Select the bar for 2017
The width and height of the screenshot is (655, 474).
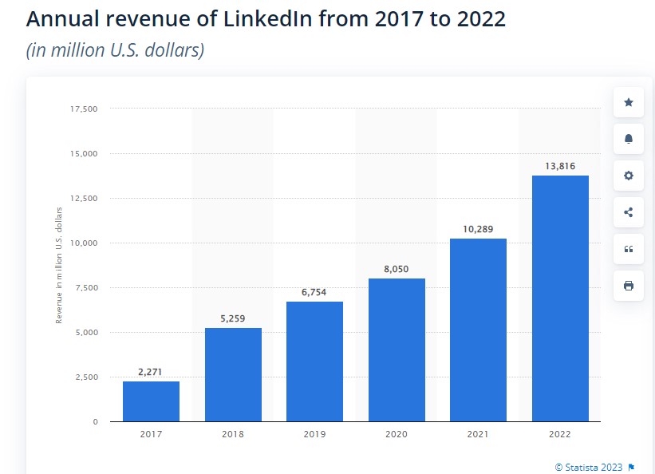151,401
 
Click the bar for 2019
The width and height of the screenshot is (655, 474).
314,361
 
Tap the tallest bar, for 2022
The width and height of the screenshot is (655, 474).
560,298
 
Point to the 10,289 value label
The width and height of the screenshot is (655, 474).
478,229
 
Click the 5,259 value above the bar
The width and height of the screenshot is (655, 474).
233,318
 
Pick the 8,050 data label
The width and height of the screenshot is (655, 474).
396,269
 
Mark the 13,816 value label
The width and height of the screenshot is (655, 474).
560,166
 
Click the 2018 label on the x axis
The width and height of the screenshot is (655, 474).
233,435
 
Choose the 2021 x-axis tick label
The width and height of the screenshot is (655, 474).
478,435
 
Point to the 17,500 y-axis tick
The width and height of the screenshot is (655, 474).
84,109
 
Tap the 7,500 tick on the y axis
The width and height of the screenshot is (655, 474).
85,287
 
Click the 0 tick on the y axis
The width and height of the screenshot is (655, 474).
94,421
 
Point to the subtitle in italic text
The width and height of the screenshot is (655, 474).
115,50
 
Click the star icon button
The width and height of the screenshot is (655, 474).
629,102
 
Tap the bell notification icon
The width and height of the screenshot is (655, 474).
629,139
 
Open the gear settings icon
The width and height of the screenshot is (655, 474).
629,176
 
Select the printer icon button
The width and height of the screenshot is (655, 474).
629,286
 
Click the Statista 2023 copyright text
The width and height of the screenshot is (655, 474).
589,467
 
